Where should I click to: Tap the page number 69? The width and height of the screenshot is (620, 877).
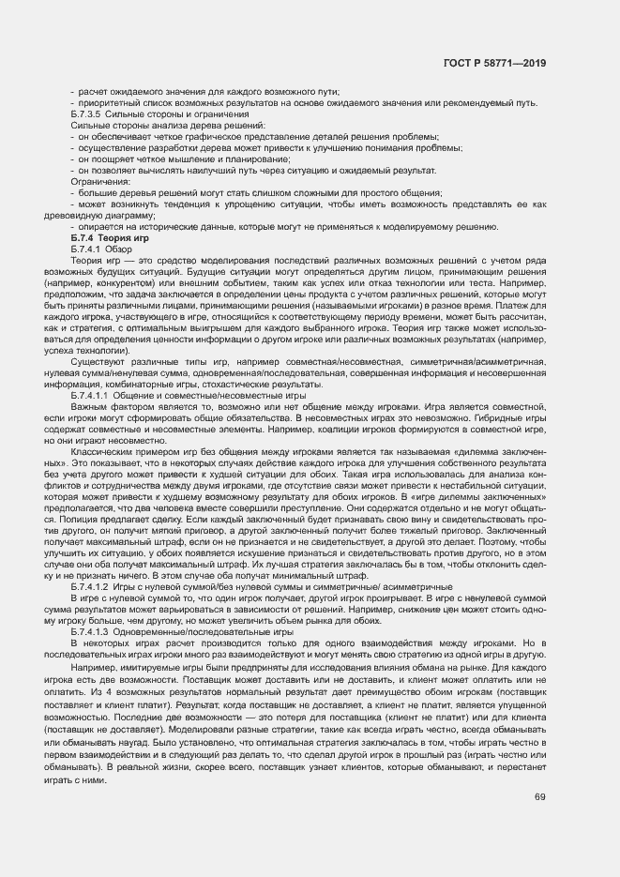[x=540, y=798]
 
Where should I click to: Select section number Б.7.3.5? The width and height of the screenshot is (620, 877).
[x=90, y=113]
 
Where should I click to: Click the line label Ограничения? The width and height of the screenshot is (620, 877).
[x=100, y=181]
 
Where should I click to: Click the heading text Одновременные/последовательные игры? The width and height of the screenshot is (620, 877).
[x=207, y=633]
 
